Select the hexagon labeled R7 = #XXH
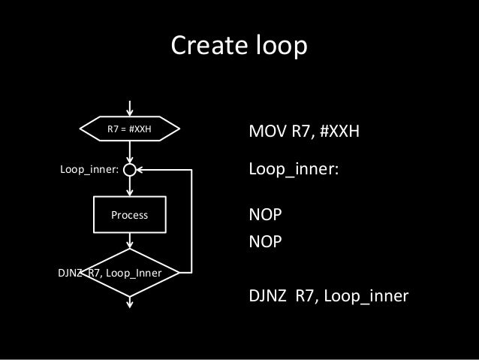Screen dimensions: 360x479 click(x=130, y=129)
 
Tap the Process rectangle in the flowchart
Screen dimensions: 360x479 click(x=130, y=215)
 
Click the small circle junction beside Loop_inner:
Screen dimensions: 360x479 click(x=131, y=170)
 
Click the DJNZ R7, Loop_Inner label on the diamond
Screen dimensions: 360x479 click(x=110, y=272)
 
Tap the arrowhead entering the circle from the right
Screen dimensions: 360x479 click(x=142, y=170)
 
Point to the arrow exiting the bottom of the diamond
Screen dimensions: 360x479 click(x=131, y=301)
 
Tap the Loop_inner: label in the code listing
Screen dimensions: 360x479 click(x=294, y=170)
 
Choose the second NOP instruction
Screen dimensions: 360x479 click(x=265, y=242)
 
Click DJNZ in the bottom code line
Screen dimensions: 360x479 click(x=268, y=297)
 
